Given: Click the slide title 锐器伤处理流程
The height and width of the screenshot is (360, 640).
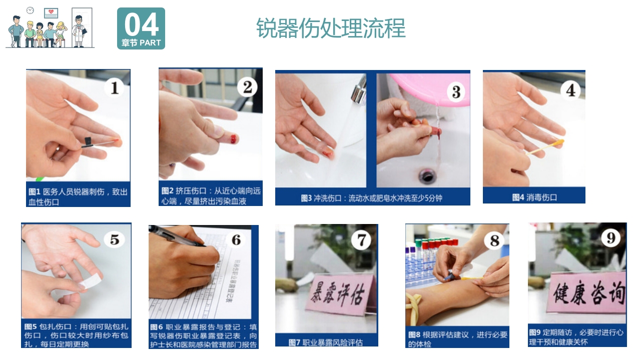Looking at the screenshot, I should pyautogui.click(x=331, y=28).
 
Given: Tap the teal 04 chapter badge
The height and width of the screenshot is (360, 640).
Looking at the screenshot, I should pyautogui.click(x=141, y=28).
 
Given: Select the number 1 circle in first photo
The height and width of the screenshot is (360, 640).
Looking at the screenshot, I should pyautogui.click(x=115, y=88).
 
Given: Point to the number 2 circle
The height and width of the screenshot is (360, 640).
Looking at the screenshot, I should pyautogui.click(x=247, y=87).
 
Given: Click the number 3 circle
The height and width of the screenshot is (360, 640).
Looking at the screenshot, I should pyautogui.click(x=456, y=92).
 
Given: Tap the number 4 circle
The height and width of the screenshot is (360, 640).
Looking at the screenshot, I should pyautogui.click(x=570, y=90).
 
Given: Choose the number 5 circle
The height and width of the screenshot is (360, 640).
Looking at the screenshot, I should pyautogui.click(x=115, y=240).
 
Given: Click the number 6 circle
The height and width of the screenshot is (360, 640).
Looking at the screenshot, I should pyautogui.click(x=236, y=240).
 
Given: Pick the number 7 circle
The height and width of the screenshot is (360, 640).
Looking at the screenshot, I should pyautogui.click(x=361, y=240).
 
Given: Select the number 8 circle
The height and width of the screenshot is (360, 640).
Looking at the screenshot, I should pyautogui.click(x=494, y=241).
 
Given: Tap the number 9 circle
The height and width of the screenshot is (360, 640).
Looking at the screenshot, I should pyautogui.click(x=610, y=238).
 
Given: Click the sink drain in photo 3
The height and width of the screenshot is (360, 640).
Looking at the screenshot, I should pyautogui.click(x=427, y=175).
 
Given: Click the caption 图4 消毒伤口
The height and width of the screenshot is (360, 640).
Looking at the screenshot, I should pyautogui.click(x=534, y=197).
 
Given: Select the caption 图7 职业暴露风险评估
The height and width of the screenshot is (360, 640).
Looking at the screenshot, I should pyautogui.click(x=326, y=342).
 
